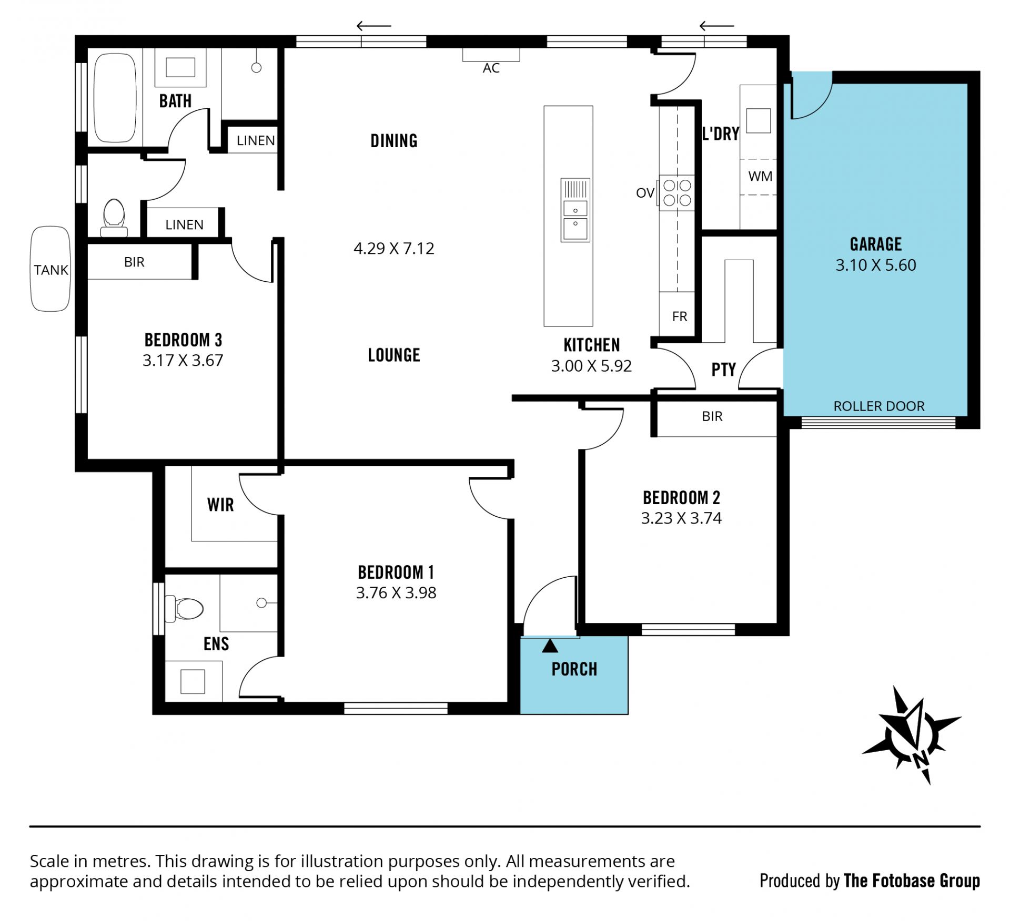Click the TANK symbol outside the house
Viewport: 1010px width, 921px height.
(50, 269)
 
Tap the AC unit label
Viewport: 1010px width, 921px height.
(491, 68)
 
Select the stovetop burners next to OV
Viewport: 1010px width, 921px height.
(677, 193)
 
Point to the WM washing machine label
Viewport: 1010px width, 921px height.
(760, 176)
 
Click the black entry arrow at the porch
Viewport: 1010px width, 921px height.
(550, 646)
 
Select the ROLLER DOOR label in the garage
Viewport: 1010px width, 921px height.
(878, 406)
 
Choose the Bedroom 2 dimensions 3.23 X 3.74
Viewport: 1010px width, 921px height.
(681, 518)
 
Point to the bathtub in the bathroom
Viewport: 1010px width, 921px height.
(115, 98)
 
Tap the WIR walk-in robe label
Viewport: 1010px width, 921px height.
(220, 505)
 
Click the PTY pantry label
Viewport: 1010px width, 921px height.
(723, 370)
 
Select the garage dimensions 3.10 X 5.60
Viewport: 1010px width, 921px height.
(876, 265)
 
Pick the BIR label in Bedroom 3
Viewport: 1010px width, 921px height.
(134, 262)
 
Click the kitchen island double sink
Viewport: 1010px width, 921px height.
(575, 210)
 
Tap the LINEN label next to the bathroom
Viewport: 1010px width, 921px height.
(256, 140)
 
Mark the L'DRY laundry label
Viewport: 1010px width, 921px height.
(721, 134)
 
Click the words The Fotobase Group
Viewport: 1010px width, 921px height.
(912, 881)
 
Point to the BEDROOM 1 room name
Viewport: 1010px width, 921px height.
(396, 572)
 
